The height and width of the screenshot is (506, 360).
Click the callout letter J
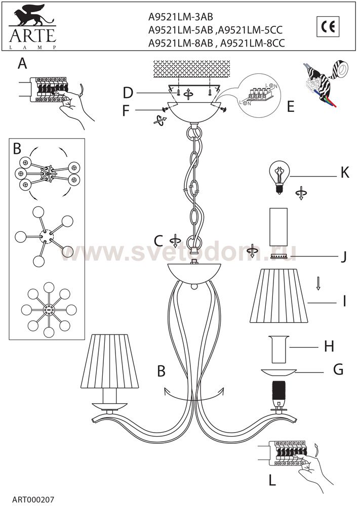pyautogui.click(x=343, y=257)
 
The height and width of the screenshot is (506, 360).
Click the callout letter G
pyautogui.click(x=338, y=369)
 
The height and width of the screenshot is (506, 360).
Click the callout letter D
pyautogui.click(x=128, y=93)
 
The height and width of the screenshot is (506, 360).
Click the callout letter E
pyautogui.click(x=291, y=107)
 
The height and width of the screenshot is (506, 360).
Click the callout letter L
pyautogui.click(x=272, y=481)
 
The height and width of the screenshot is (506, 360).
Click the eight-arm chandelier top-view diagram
pyautogui.click(x=49, y=310)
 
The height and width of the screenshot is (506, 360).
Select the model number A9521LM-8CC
pyautogui.click(x=252, y=43)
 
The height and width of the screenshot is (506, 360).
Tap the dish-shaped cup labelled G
pyautogui.click(x=279, y=372)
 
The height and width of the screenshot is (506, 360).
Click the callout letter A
pyautogui.click(x=22, y=64)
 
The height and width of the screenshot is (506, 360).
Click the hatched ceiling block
pyautogui.click(x=192, y=69)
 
